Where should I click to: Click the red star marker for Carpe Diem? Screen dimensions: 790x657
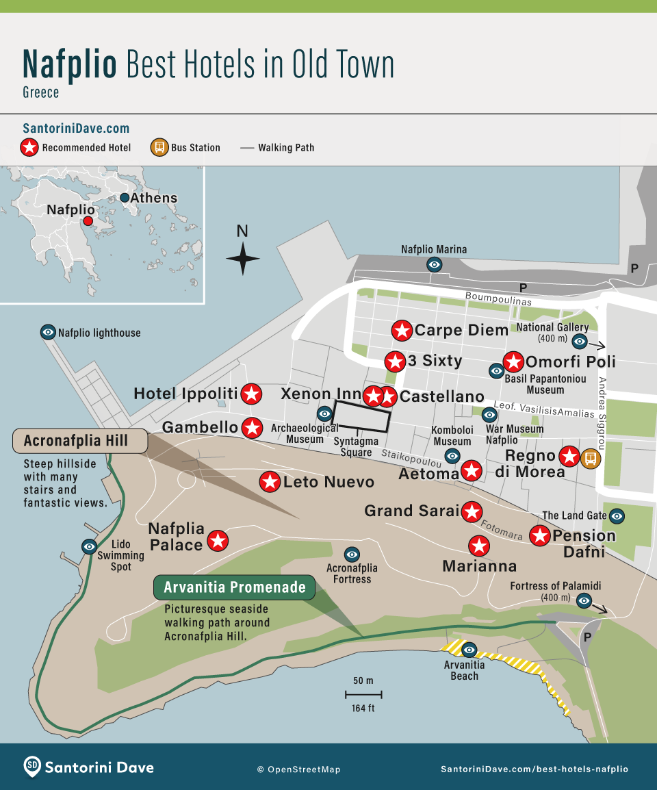pyautogui.click(x=402, y=331)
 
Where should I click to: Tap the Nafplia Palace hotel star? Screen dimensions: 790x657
pyautogui.click(x=218, y=540)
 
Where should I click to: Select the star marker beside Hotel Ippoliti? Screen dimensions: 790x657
pyautogui.click(x=252, y=394)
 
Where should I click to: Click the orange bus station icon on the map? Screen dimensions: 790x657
pyautogui.click(x=589, y=458)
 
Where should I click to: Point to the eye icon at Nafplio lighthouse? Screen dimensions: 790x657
pyautogui.click(x=48, y=333)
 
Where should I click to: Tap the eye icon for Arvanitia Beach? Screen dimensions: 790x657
pyautogui.click(x=469, y=649)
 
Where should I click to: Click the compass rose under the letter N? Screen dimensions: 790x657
pyautogui.click(x=242, y=259)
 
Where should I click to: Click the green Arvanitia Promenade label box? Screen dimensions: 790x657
pyautogui.click(x=234, y=587)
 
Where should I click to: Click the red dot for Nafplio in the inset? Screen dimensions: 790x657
pyautogui.click(x=88, y=221)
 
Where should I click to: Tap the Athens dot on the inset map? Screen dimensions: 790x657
pyautogui.click(x=125, y=198)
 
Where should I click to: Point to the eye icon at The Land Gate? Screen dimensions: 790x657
pyautogui.click(x=617, y=515)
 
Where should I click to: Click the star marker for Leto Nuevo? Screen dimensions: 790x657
pyautogui.click(x=270, y=481)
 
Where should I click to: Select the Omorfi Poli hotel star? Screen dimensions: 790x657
pyautogui.click(x=513, y=361)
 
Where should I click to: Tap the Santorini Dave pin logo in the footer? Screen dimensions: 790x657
pyautogui.click(x=32, y=767)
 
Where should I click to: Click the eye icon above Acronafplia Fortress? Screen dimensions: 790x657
pyautogui.click(x=352, y=554)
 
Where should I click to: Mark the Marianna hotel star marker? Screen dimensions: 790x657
pyautogui.click(x=479, y=546)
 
